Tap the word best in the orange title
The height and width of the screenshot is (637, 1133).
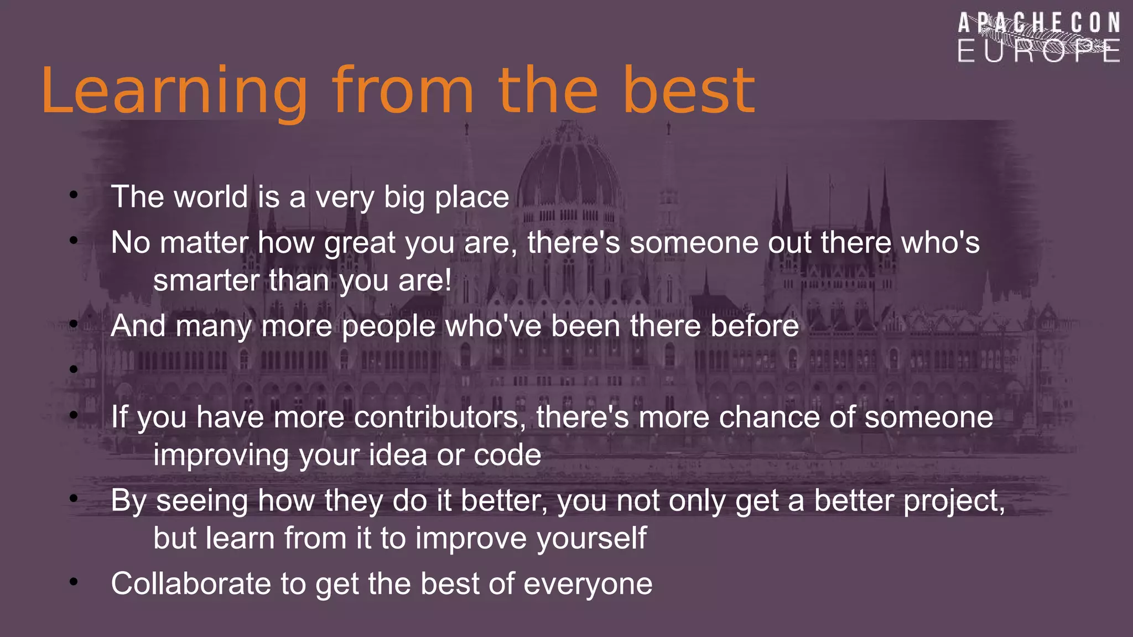point(689,90)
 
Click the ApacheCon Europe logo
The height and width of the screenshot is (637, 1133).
point(1039,38)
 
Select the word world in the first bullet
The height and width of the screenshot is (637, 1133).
point(210,197)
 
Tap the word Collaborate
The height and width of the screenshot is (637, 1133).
point(191,584)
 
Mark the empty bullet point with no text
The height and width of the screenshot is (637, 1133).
point(74,369)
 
